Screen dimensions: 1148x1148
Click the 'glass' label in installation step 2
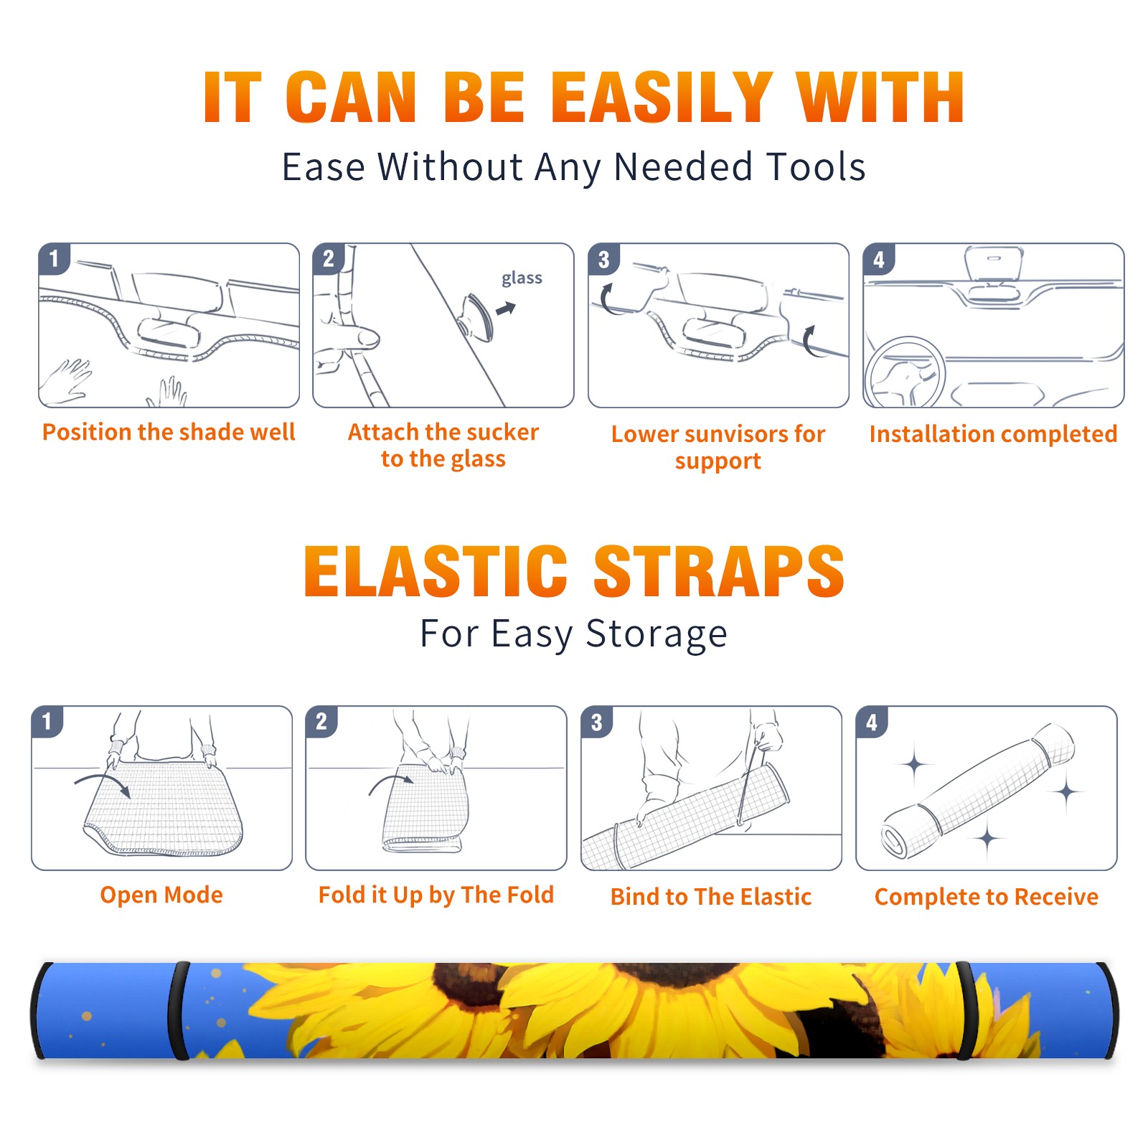tap(522, 278)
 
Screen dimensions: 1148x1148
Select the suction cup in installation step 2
tap(477, 316)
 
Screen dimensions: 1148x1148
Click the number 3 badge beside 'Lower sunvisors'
tap(603, 259)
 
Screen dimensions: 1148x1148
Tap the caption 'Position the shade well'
tap(169, 432)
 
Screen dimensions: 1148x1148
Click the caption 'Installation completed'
tap(993, 433)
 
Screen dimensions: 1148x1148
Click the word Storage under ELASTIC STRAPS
tap(657, 634)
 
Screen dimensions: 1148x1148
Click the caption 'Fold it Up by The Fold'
tap(436, 895)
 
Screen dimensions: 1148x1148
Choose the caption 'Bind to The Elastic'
tap(711, 897)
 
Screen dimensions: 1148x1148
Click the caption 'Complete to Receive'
tap(987, 897)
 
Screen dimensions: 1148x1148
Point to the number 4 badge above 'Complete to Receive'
tap(871, 722)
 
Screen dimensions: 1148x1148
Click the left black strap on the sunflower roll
tap(179, 1010)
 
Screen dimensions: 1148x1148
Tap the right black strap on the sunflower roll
tap(966, 1010)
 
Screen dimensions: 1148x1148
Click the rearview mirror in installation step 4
tap(994, 263)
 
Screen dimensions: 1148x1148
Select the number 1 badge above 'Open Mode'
tap(47, 721)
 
